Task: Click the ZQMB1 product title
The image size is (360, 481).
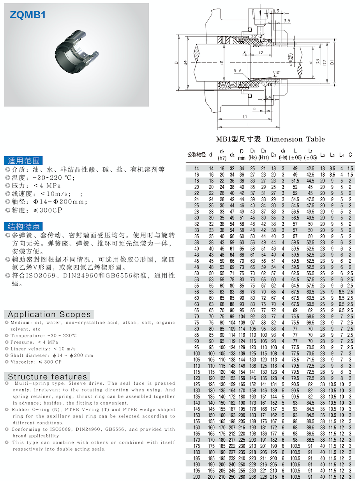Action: (28, 15)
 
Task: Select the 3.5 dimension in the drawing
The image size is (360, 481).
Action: (287, 20)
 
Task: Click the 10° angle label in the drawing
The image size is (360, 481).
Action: (277, 73)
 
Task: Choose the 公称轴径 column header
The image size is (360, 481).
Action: (196, 155)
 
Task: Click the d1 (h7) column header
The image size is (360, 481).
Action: (222, 155)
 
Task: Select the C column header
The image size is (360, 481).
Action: (350, 155)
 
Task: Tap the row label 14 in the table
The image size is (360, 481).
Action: (196, 168)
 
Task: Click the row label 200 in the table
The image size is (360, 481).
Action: (196, 477)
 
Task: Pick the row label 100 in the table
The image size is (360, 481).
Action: (196, 353)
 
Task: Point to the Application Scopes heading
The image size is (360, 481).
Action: (49, 315)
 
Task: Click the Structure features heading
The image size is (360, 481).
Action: (47, 377)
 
